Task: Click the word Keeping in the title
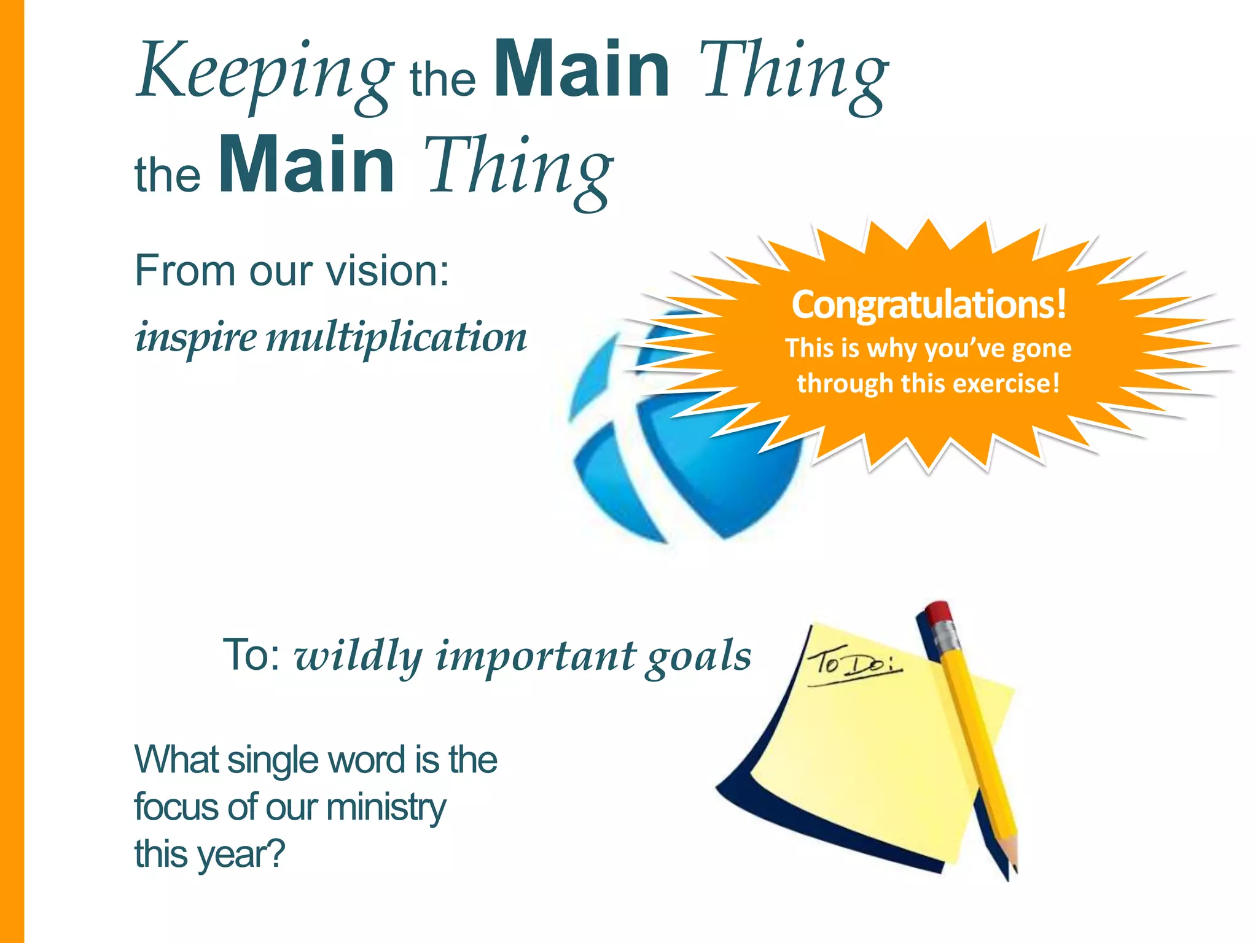point(264,72)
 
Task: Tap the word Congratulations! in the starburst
point(928,304)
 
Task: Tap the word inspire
point(196,337)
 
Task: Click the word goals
point(698,657)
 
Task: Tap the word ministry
point(386,807)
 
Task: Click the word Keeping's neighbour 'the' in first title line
point(442,80)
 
